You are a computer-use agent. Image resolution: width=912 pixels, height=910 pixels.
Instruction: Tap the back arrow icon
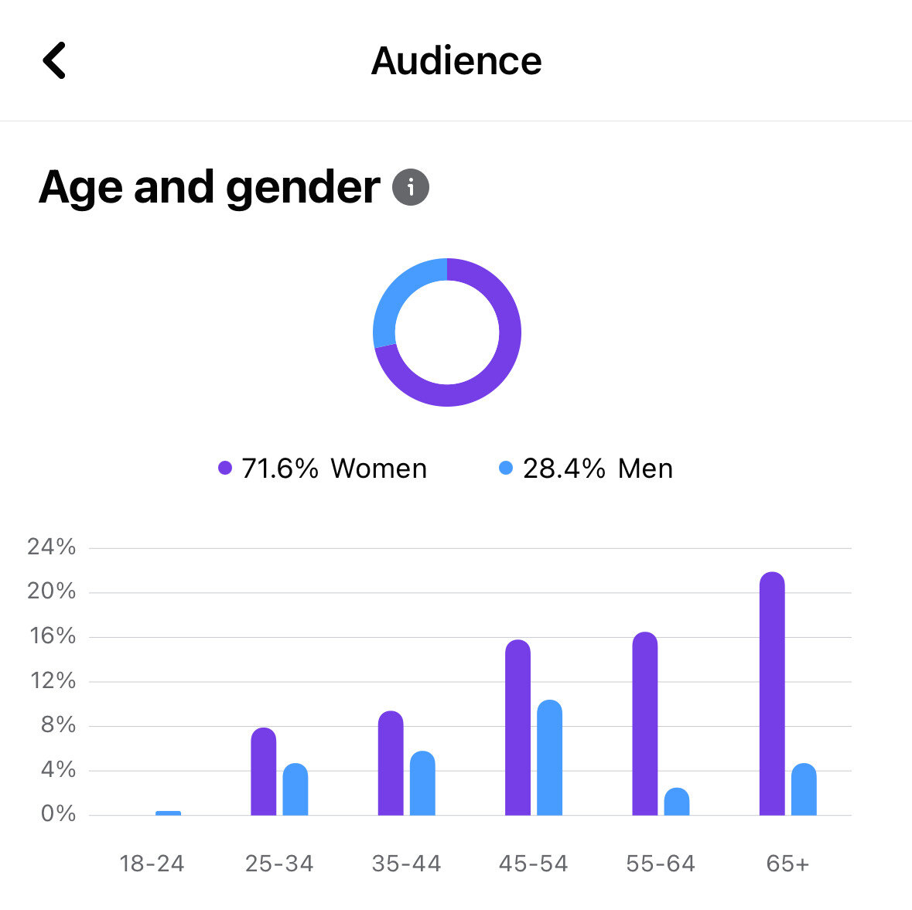pyautogui.click(x=54, y=60)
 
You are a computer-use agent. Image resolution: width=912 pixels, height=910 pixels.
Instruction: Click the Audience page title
pyautogui.click(x=456, y=61)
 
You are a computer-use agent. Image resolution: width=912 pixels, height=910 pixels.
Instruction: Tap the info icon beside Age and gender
pyautogui.click(x=411, y=187)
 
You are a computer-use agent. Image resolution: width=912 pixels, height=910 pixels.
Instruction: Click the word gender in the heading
pyautogui.click(x=302, y=188)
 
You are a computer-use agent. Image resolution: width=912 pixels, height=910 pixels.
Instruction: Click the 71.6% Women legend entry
pyautogui.click(x=323, y=469)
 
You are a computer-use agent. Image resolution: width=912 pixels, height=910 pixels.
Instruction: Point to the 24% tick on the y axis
pyautogui.click(x=51, y=547)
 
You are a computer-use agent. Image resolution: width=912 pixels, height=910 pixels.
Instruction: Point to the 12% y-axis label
pyautogui.click(x=51, y=681)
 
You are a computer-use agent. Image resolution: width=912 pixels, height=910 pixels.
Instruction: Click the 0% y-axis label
pyautogui.click(x=57, y=814)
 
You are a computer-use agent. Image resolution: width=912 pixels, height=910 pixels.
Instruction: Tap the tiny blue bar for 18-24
pyautogui.click(x=168, y=813)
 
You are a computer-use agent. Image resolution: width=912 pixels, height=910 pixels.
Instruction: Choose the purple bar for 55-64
pyautogui.click(x=645, y=724)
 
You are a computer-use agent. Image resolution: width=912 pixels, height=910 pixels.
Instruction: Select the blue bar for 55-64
pyautogui.click(x=677, y=802)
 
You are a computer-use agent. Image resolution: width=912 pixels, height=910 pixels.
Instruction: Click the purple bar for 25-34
pyautogui.click(x=264, y=772)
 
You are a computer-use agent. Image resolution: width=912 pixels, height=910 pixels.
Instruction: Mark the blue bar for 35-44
pyautogui.click(x=422, y=783)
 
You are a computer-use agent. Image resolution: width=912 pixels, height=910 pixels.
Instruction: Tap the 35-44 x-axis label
pyautogui.click(x=406, y=864)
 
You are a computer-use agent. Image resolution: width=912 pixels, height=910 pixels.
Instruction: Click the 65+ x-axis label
pyautogui.click(x=787, y=864)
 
